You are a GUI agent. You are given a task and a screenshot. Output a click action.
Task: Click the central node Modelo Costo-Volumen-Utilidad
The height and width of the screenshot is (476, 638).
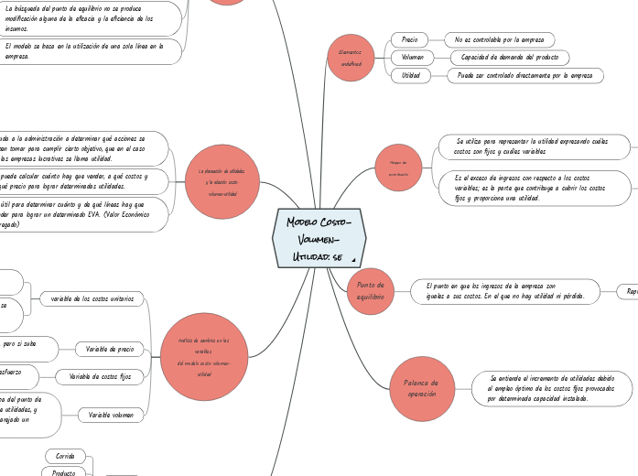point(319,238)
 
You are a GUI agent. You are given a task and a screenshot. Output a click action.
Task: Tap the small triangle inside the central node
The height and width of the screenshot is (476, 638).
point(353,259)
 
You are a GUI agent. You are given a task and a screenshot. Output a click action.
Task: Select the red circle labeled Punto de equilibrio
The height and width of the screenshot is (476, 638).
point(371,291)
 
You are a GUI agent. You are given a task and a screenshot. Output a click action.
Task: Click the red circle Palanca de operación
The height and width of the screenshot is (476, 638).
point(422,388)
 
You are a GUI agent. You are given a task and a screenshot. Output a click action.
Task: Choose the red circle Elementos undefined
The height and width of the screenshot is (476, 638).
point(351,58)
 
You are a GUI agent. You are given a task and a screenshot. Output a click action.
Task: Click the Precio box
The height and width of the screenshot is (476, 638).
point(409,39)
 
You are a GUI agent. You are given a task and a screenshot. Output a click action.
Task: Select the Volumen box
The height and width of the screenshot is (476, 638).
point(412,57)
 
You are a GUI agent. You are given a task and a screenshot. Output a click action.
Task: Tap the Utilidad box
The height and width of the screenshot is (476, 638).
point(411,75)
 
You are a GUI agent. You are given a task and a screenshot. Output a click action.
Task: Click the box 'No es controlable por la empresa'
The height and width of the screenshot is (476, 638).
point(499,39)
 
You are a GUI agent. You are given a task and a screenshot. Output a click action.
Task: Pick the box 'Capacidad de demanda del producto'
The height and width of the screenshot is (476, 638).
point(509,57)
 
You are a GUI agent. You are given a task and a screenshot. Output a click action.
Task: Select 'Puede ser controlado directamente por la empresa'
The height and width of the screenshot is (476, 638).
point(524,75)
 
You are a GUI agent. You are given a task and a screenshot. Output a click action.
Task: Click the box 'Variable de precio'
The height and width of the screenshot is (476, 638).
point(110,349)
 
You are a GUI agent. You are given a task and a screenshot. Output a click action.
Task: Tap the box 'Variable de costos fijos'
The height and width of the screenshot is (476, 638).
point(101,376)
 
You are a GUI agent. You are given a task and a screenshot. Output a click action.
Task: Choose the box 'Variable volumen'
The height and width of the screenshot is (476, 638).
point(111,415)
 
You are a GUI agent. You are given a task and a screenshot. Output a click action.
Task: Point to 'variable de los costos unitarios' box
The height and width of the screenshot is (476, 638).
point(92,298)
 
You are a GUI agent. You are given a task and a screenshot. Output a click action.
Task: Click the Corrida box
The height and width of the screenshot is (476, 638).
point(65,456)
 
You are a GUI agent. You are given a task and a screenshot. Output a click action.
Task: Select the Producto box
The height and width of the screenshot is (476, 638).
point(64,473)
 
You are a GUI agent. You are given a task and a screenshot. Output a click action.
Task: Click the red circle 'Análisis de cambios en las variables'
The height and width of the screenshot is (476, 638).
point(204,356)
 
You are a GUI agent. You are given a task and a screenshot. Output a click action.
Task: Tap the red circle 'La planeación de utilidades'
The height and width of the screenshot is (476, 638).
point(222,181)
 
